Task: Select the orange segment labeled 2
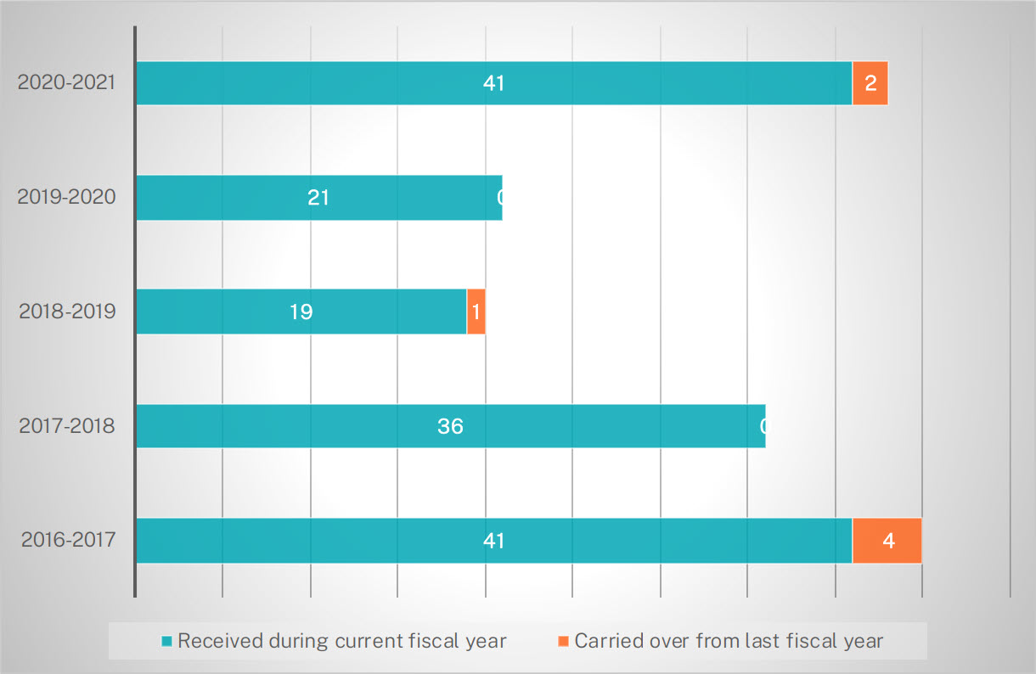point(870,83)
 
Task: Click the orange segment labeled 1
point(476,312)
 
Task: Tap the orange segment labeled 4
point(887,541)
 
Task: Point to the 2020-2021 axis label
point(67,83)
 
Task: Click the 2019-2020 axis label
point(67,197)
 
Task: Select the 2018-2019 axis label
point(67,311)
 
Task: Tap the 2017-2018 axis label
point(67,425)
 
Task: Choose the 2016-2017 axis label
point(67,540)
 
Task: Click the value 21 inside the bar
point(318,198)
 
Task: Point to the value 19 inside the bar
point(301,312)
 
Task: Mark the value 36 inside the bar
point(450,426)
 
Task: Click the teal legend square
point(167,641)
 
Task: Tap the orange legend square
point(564,641)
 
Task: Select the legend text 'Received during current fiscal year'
point(341,641)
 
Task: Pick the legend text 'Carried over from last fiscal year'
point(729,641)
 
